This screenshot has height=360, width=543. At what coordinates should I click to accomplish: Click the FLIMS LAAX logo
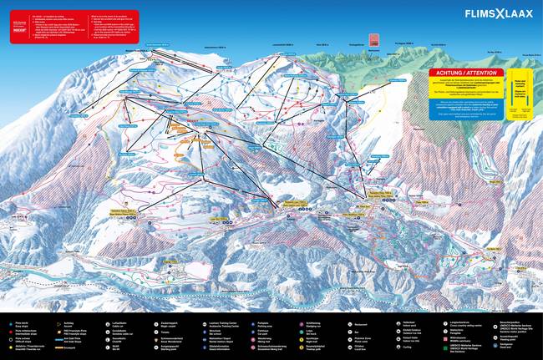click(x=499, y=14)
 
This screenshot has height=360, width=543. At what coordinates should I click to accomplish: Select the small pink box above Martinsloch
click(x=374, y=39)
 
